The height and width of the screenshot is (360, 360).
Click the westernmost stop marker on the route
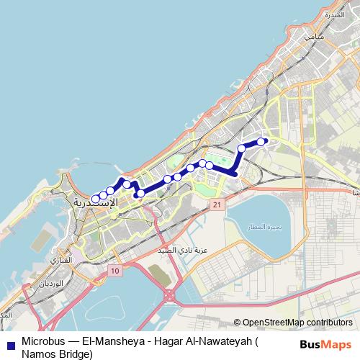96,199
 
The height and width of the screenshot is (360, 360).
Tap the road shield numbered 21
215,206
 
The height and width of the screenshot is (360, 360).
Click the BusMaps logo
325,344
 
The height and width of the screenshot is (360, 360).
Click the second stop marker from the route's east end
242,149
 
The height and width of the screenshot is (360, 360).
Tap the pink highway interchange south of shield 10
171,294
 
